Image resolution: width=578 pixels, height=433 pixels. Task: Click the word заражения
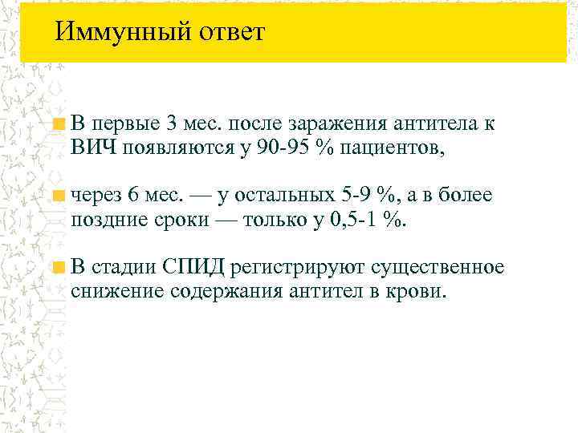336,126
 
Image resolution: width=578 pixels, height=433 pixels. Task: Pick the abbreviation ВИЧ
91,148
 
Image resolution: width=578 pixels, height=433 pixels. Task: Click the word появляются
164,148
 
